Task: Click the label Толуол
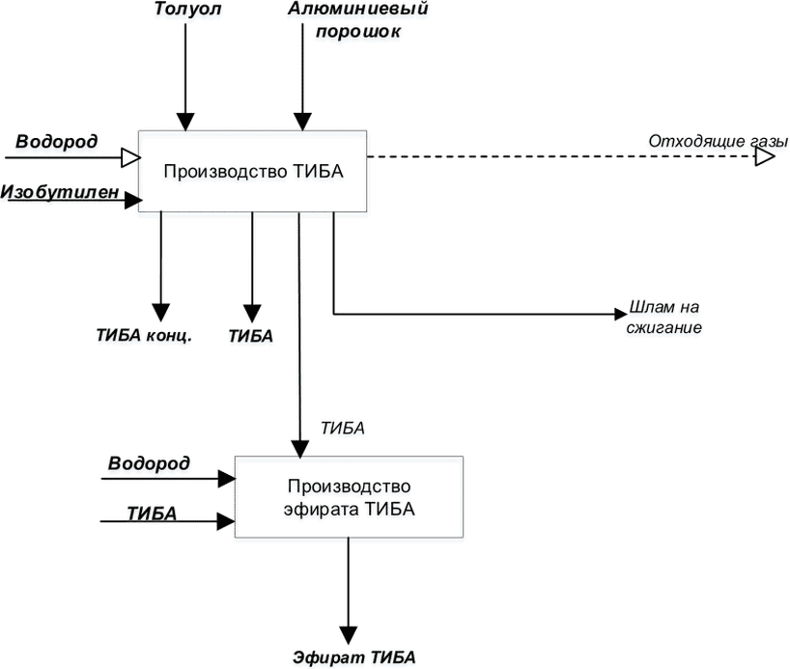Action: click(187, 9)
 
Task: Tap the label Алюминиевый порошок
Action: click(358, 20)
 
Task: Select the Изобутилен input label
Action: click(60, 192)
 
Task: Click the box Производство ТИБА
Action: click(252, 171)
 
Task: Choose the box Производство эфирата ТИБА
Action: click(349, 497)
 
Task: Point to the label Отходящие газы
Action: click(718, 142)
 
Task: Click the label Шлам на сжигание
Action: click(664, 318)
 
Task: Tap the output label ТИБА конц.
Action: click(144, 336)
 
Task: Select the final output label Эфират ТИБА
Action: click(354, 657)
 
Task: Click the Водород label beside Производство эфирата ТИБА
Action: click(149, 463)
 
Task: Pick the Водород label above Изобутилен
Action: click(56, 141)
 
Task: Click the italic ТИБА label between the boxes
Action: click(343, 429)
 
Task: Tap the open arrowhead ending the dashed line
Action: click(765, 156)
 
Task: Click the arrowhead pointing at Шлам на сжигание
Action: click(621, 314)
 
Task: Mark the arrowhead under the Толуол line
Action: click(185, 122)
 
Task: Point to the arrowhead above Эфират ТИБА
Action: click(348, 635)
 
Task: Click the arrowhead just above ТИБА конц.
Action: click(160, 313)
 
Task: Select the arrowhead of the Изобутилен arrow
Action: click(133, 201)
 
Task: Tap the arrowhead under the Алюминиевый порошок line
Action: click(302, 122)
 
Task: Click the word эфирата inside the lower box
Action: click(322, 509)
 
